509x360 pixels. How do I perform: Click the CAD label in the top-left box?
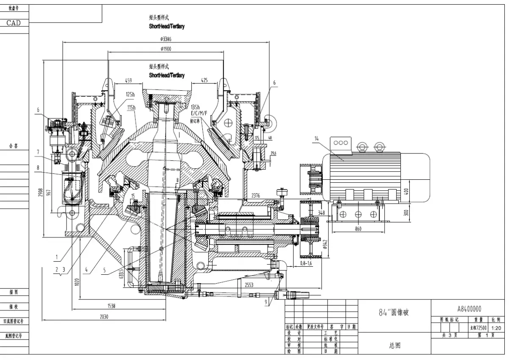point(14,23)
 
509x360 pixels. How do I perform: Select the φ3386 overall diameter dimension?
point(166,39)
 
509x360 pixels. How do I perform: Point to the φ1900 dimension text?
point(166,49)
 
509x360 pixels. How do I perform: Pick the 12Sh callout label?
point(130,94)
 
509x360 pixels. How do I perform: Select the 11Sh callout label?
point(131,107)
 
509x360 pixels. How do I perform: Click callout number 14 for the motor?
point(316,138)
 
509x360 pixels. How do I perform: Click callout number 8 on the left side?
point(38,167)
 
